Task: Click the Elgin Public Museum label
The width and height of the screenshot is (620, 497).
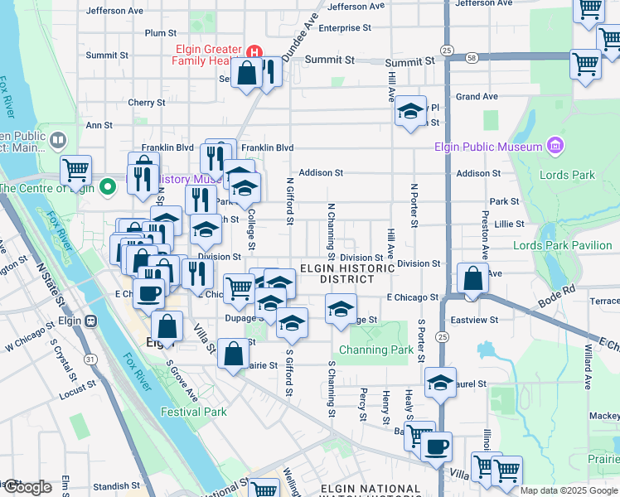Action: coord(487,147)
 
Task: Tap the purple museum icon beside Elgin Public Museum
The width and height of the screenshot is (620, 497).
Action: coord(555,147)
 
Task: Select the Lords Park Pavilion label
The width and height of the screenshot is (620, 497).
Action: coord(562,245)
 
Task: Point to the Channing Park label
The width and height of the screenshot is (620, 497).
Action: coord(376,350)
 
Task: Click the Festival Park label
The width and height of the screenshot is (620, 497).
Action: coord(194,412)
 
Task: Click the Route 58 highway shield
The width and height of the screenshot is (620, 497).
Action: coord(471,58)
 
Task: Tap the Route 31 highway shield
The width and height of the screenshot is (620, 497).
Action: coord(90,359)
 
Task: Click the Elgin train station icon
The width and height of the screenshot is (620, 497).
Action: coord(90,320)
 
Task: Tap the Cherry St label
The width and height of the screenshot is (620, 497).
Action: coord(147,103)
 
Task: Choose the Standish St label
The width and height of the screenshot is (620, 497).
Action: coord(116,486)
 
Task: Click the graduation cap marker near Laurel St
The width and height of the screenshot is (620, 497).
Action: coord(441,383)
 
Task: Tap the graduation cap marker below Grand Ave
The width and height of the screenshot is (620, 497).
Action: coord(409,112)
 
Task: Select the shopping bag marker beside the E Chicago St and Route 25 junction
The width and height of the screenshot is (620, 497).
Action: coord(472,280)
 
